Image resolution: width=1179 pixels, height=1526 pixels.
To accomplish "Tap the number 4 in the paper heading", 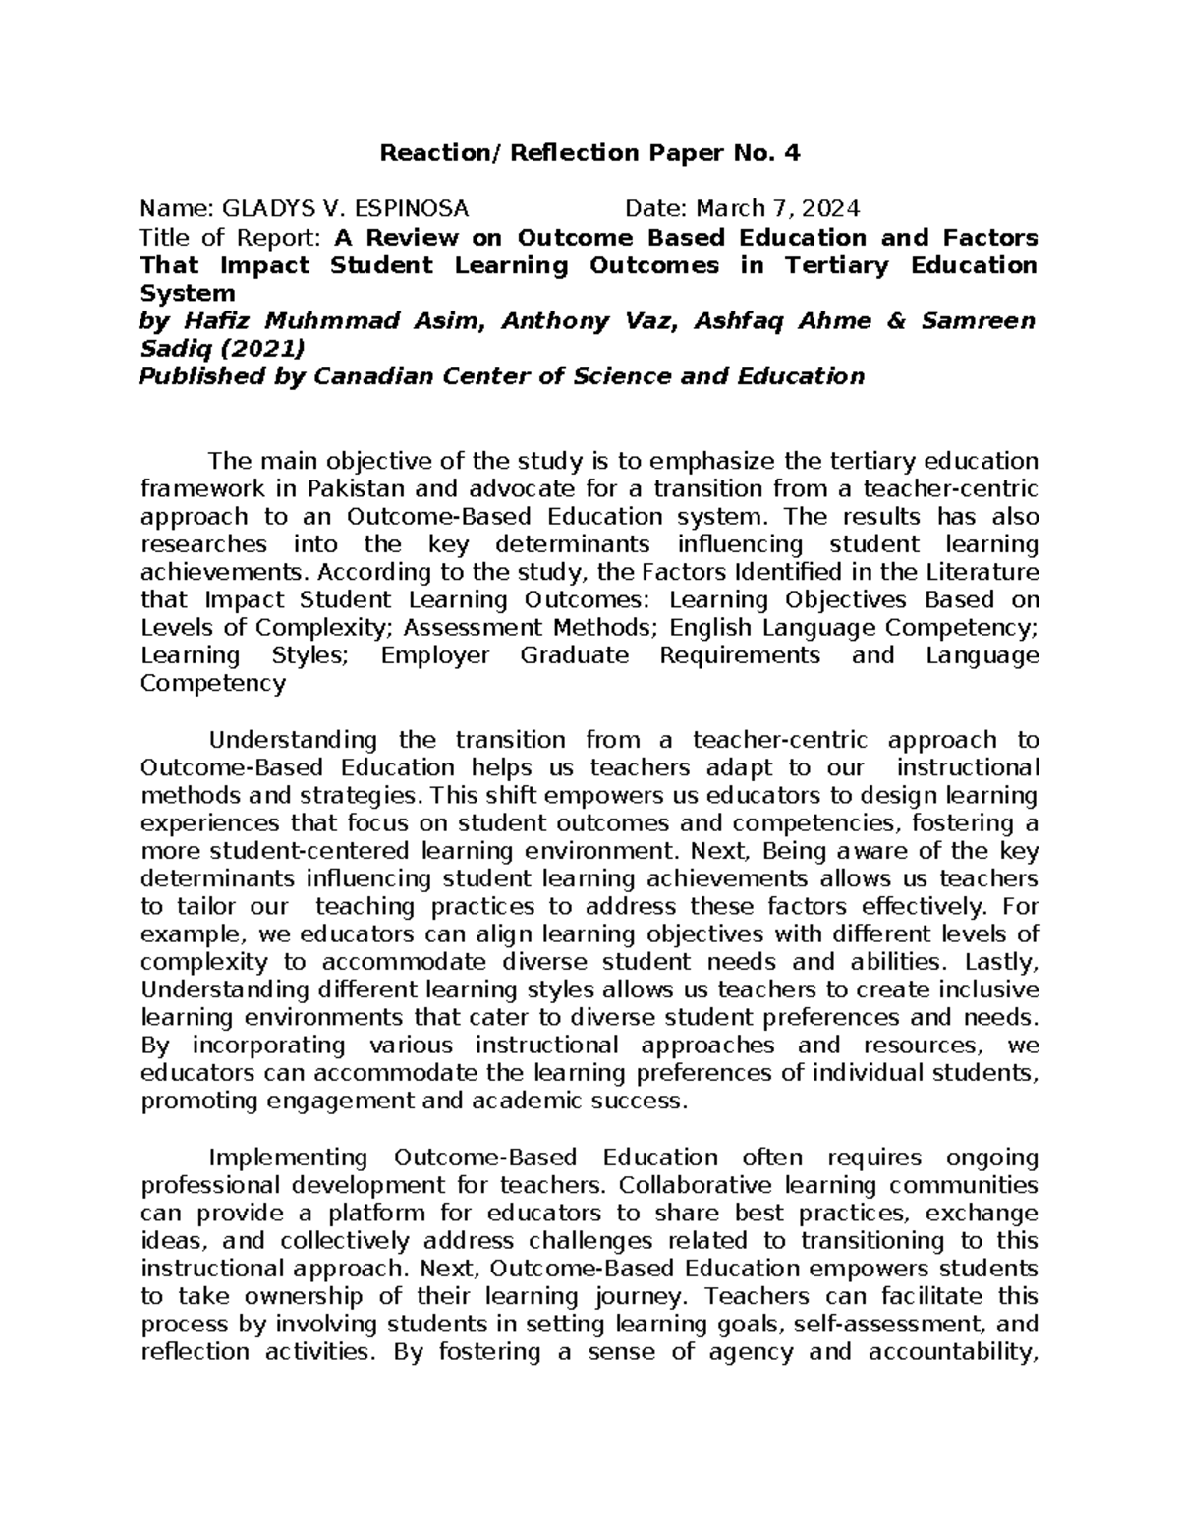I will [x=793, y=153].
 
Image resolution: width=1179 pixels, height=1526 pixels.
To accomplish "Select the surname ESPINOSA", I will [x=413, y=208].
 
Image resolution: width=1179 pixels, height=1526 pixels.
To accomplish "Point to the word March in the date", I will [x=728, y=208].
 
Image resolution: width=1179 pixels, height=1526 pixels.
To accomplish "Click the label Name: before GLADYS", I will [x=177, y=208].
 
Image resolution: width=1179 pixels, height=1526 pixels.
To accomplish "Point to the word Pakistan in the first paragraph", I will [x=356, y=489].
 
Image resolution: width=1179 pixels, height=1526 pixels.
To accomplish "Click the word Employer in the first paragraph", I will [x=434, y=655].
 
